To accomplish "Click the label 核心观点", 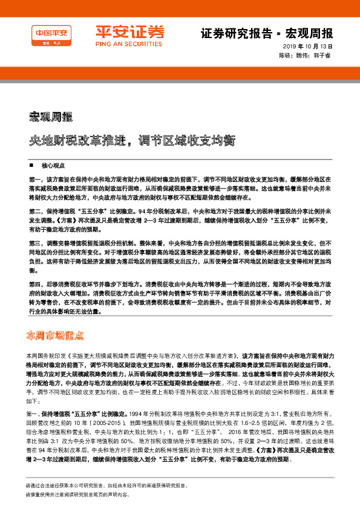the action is (51, 165).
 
